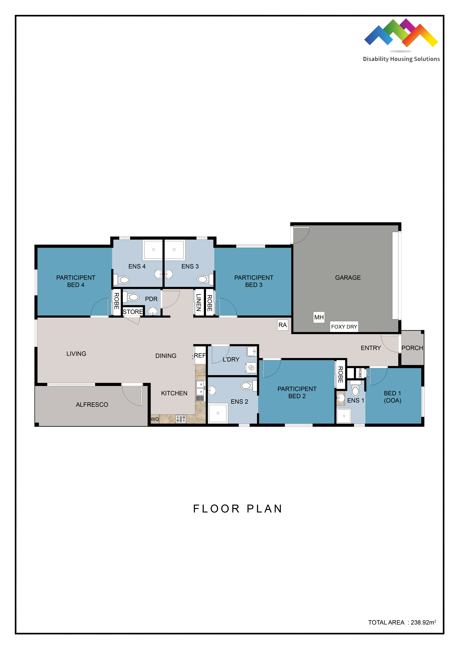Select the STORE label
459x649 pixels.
tap(133, 312)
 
